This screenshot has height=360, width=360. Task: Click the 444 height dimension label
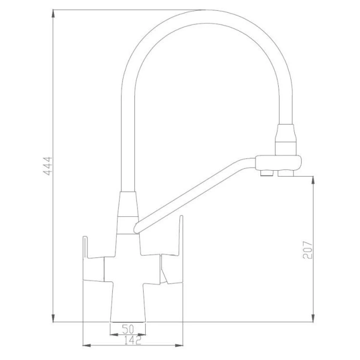[x=47, y=166]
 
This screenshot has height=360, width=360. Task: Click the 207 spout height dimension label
[x=307, y=250]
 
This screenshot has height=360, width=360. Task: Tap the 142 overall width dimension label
[x=133, y=341]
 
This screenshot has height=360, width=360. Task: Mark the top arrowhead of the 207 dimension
[x=313, y=180]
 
